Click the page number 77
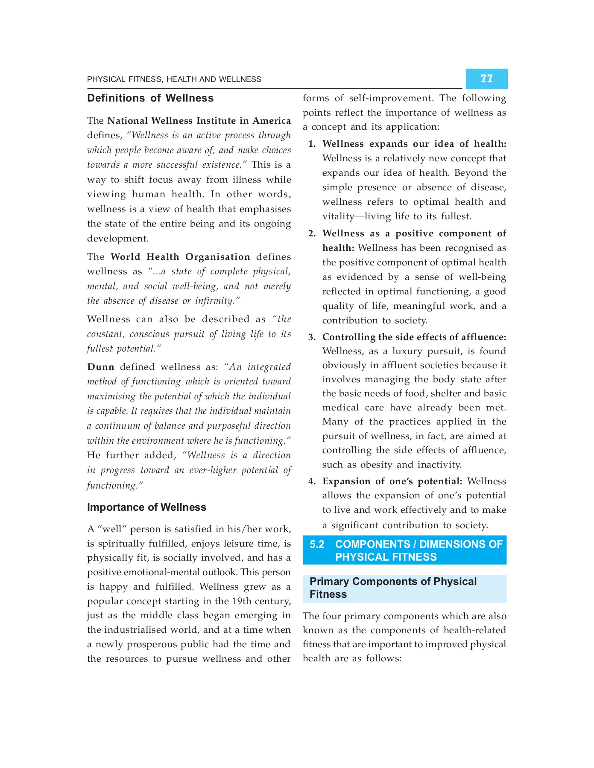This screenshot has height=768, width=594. (x=486, y=79)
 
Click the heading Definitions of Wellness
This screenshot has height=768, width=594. (x=150, y=98)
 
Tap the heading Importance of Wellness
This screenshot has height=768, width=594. (x=146, y=507)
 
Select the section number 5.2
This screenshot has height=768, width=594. (x=317, y=544)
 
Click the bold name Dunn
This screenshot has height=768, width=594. (x=101, y=367)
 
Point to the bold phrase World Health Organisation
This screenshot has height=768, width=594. (x=180, y=257)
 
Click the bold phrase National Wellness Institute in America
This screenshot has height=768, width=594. (x=199, y=121)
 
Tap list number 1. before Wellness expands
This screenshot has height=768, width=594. (x=312, y=144)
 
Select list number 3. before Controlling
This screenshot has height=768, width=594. (x=312, y=337)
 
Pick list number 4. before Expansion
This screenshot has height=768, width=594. (x=312, y=481)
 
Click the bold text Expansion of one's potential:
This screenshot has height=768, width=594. (x=392, y=481)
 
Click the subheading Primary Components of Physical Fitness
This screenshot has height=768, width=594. (x=393, y=588)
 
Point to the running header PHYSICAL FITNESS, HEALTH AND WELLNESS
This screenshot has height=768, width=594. (x=174, y=79)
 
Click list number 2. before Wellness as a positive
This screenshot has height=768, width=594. (x=312, y=234)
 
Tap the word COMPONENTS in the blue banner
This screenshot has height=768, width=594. (x=372, y=544)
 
